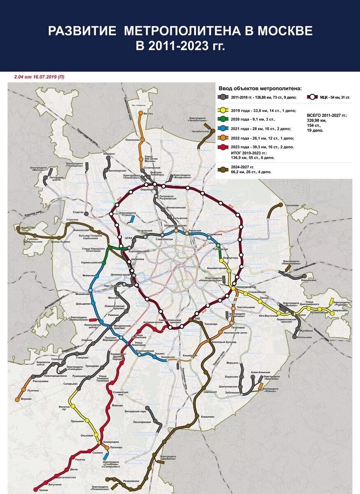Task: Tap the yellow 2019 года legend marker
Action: (223, 110)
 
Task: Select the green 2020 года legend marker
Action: (223, 119)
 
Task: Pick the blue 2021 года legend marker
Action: (223, 129)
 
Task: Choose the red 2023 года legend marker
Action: (223, 147)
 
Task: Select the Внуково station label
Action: (26, 399)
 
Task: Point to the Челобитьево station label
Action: (200, 131)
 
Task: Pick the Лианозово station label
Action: (132, 140)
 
